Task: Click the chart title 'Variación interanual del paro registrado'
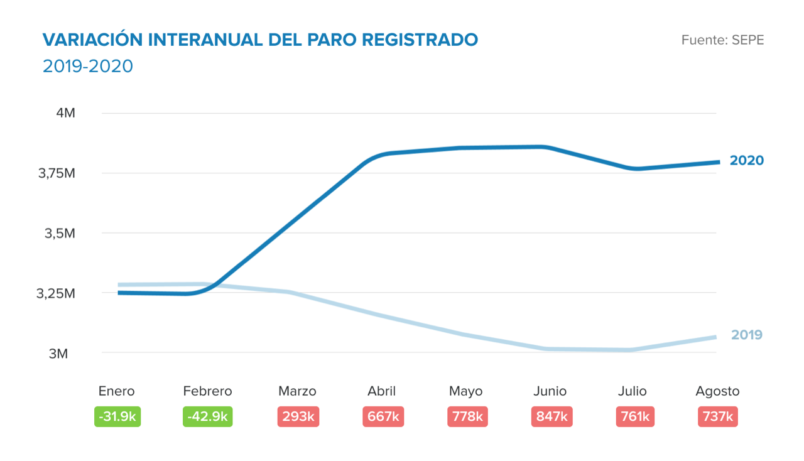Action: [x=260, y=40]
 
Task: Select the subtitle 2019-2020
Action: [x=88, y=66]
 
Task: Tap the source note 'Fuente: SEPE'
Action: [x=722, y=40]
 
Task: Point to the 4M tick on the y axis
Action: [x=65, y=113]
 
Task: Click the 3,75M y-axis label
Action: [x=57, y=173]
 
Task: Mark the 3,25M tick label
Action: [x=57, y=293]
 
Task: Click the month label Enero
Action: [x=117, y=391]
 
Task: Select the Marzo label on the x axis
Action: [x=297, y=391]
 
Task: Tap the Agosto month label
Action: [x=717, y=391]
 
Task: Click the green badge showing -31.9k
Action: [x=117, y=416]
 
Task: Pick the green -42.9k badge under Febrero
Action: [x=207, y=416]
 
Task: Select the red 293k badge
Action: [x=298, y=416]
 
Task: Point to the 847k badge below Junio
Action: [x=550, y=416]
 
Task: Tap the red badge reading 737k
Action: [x=717, y=416]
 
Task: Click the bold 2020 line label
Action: [x=747, y=161]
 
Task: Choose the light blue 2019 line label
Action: [x=747, y=335]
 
